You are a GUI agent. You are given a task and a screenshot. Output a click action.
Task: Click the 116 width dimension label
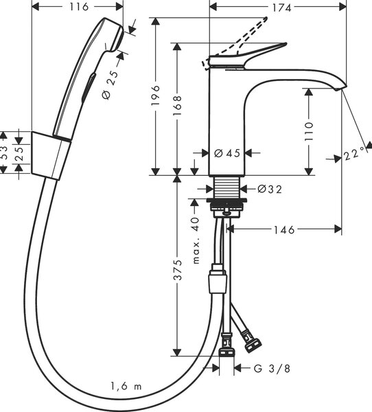pyautogui.click(x=79, y=7)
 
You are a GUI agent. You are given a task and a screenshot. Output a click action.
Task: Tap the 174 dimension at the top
pyautogui.click(x=281, y=8)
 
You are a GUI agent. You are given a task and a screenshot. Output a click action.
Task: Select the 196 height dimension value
pyautogui.click(x=156, y=95)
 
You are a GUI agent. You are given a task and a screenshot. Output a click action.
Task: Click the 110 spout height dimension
pyautogui.click(x=310, y=131)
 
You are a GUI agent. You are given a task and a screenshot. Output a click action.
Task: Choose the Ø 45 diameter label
pyautogui.click(x=227, y=153)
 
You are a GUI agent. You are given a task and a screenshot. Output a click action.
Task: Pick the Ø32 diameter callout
pyautogui.click(x=270, y=189)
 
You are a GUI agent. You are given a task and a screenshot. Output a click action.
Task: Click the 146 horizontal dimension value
pyautogui.click(x=284, y=230)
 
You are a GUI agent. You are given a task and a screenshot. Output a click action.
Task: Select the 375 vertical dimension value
pyautogui.click(x=178, y=270)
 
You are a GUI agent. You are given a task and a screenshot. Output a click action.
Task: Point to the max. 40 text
pyautogui.click(x=196, y=240)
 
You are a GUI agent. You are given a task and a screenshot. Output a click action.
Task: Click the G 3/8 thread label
pyautogui.click(x=272, y=368)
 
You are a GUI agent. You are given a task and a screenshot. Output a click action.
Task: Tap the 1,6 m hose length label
pyautogui.click(x=126, y=386)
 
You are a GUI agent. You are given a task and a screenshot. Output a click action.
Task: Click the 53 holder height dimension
pyautogui.click(x=3, y=153)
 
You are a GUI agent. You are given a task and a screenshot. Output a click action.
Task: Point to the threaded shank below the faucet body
pyautogui.click(x=227, y=187)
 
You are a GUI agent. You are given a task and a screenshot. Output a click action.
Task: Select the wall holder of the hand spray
pyautogui.click(x=51, y=156)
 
